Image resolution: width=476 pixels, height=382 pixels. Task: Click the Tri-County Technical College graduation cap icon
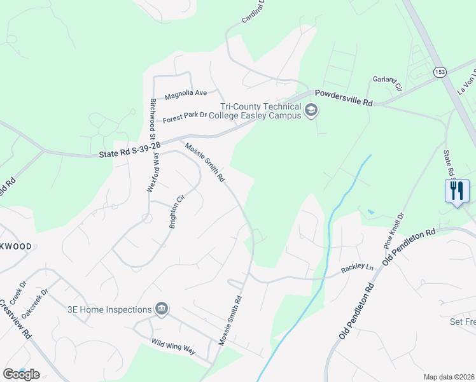[x=311, y=111]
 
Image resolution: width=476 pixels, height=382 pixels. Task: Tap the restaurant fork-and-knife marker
[x=457, y=190]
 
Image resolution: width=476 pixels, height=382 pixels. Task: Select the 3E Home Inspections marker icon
[x=162, y=310]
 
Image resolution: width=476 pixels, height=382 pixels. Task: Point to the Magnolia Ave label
[x=186, y=94]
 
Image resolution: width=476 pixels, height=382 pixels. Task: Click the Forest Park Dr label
[x=185, y=117]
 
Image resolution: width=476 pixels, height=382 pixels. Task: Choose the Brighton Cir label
[x=176, y=209]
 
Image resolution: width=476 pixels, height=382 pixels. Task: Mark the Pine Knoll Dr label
[x=393, y=230]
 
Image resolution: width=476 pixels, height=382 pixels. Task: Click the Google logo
[x=21, y=374]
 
